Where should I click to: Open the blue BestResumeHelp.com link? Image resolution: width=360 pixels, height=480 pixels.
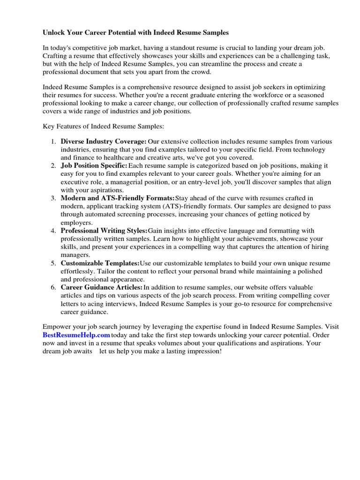tap(76, 335)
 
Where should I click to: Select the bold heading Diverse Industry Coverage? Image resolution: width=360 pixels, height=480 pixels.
tap(104, 142)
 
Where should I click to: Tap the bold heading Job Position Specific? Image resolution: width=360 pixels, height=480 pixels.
tap(94, 166)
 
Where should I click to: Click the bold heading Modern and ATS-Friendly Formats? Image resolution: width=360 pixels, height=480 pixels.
tap(117, 198)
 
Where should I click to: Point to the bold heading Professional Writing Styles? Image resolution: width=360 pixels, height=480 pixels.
tap(104, 231)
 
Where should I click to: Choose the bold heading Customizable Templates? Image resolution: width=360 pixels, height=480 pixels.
tap(100, 263)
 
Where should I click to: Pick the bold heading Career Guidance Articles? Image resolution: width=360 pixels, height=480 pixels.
tap(102, 287)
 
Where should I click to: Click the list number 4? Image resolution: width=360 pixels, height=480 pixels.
tap(53, 231)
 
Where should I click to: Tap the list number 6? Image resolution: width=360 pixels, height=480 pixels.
tap(53, 287)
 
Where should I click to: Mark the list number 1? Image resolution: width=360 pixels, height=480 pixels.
tap(53, 142)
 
